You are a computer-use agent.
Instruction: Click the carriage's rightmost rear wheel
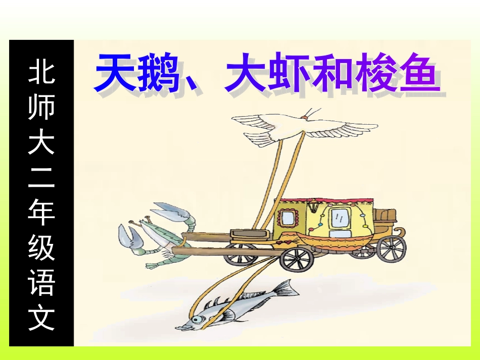point(392,248)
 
